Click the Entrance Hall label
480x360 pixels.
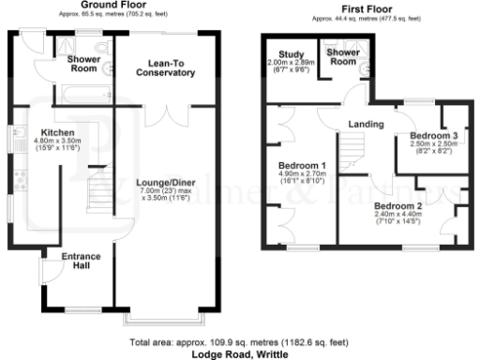click(82, 261)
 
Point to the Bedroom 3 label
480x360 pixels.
click(433, 136)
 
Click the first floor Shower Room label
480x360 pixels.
click(342, 57)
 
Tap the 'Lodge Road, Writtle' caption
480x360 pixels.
click(239, 354)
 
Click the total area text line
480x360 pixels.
click(239, 343)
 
